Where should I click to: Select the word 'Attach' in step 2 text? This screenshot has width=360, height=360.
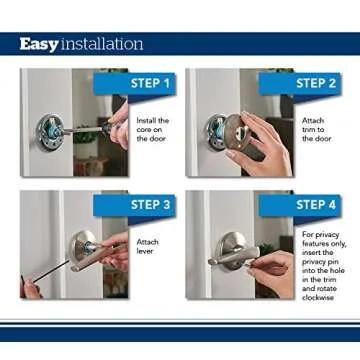pyautogui.click(x=312, y=121)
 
